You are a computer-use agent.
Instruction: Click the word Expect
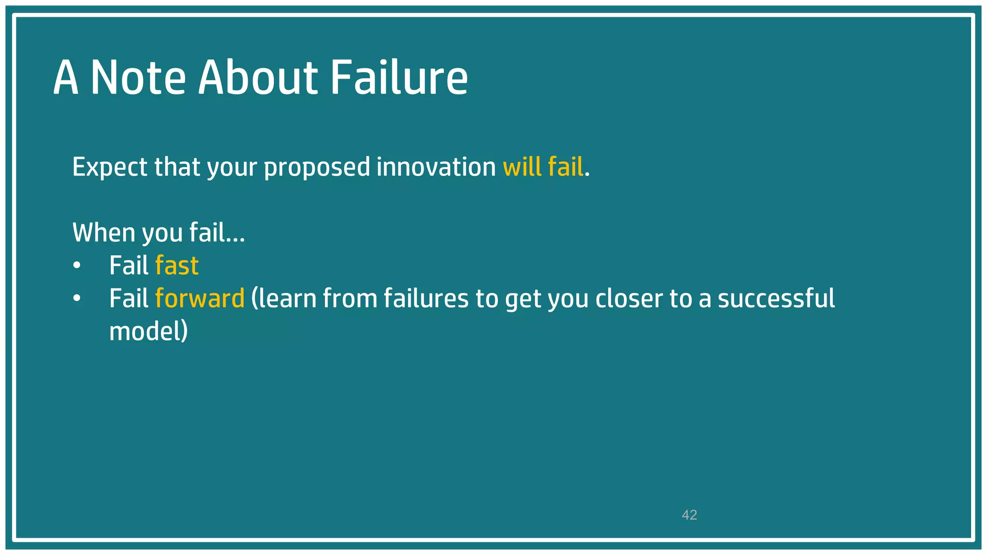[109, 167]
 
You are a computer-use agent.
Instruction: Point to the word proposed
[317, 167]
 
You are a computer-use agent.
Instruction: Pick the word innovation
[436, 167]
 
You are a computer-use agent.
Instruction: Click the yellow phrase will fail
[543, 167]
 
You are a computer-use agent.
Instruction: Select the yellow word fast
[177, 265]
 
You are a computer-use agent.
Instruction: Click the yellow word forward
[200, 298]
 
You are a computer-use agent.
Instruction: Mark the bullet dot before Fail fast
[77, 266]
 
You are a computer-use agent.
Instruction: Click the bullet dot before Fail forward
[77, 299]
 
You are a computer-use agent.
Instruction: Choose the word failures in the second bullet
[426, 298]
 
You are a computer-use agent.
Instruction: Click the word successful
[776, 298]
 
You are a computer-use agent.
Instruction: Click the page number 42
[689, 515]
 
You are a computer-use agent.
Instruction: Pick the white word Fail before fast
[129, 265]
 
